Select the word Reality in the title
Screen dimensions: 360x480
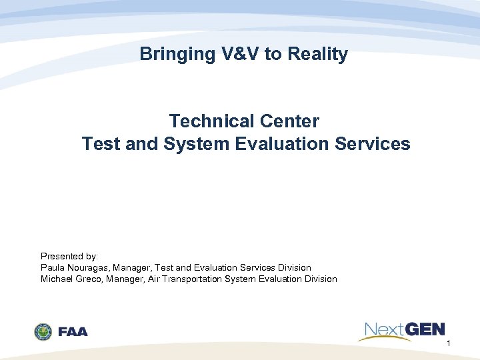[x=317, y=54]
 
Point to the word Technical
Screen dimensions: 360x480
[x=207, y=121]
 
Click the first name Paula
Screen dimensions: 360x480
[x=53, y=267]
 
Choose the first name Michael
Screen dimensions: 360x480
[x=56, y=279]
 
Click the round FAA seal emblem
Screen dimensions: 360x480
[x=43, y=331]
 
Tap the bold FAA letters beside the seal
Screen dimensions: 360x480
[x=73, y=331]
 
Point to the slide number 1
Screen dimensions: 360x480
[x=449, y=343]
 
